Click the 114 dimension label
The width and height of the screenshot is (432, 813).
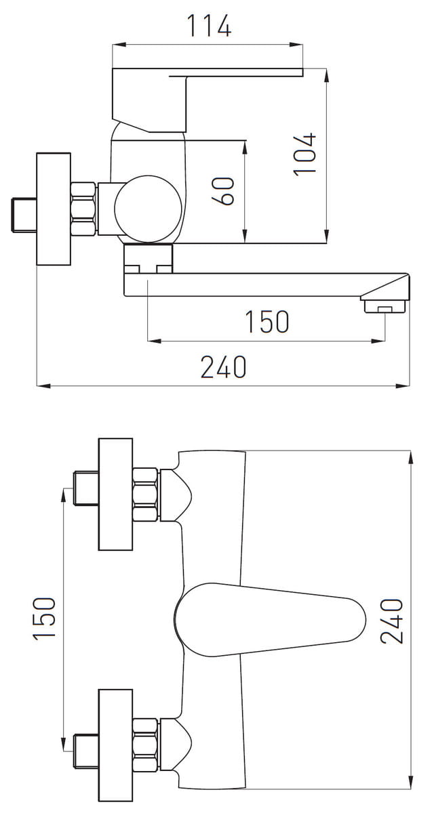[x=209, y=26]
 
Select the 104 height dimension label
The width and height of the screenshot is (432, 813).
[x=305, y=154]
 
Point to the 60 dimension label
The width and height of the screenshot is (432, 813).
[x=223, y=191]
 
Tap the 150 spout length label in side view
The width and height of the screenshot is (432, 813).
[x=267, y=322]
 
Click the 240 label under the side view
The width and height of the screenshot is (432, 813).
[x=224, y=367]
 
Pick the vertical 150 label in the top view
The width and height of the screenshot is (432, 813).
[x=44, y=619]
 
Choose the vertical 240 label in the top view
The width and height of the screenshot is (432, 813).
[x=392, y=621]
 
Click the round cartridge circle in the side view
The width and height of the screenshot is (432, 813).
[x=148, y=209]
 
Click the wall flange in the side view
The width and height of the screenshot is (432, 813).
[x=54, y=209]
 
